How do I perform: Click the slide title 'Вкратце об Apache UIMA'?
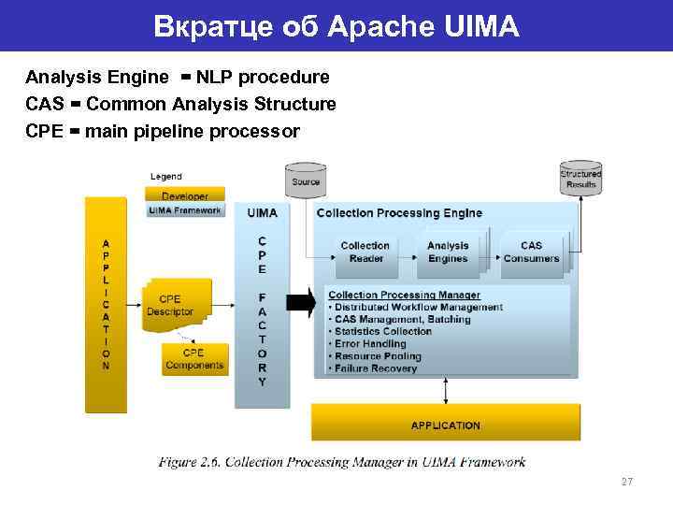pyautogui.click(x=336, y=26)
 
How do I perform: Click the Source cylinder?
pyautogui.click(x=306, y=181)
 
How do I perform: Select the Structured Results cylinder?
pyautogui.click(x=580, y=179)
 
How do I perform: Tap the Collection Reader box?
pyautogui.click(x=365, y=252)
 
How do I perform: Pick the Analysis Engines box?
pyautogui.click(x=448, y=252)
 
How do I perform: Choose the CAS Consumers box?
pyautogui.click(x=531, y=252)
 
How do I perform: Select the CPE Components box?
pyautogui.click(x=194, y=359)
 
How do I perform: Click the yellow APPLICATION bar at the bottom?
pyautogui.click(x=445, y=425)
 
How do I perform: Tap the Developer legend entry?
pyautogui.click(x=185, y=195)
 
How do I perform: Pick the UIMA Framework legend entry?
pyautogui.click(x=185, y=210)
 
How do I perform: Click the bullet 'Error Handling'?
pyautogui.click(x=369, y=344)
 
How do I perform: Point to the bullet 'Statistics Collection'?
pyautogui.click(x=382, y=332)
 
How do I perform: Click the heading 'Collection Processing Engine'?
pyautogui.click(x=400, y=213)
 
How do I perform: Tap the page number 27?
pyautogui.click(x=626, y=482)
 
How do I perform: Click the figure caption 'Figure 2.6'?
pyautogui.click(x=341, y=462)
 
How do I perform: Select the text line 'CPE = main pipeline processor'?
pyautogui.click(x=164, y=131)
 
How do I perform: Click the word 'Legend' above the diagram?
pyautogui.click(x=166, y=177)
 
